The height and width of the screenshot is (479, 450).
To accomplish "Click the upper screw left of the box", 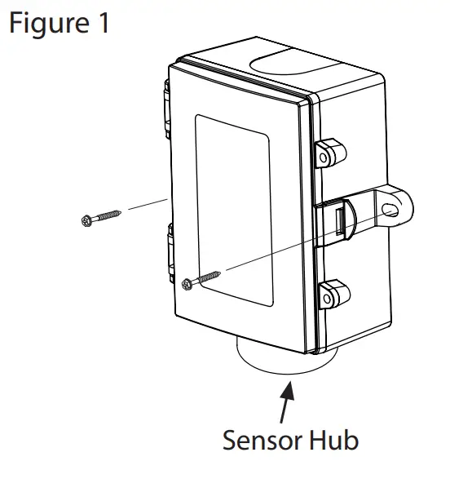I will pyautogui.click(x=101, y=217).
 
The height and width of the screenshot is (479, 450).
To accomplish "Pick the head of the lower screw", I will pyautogui.click(x=189, y=282).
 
